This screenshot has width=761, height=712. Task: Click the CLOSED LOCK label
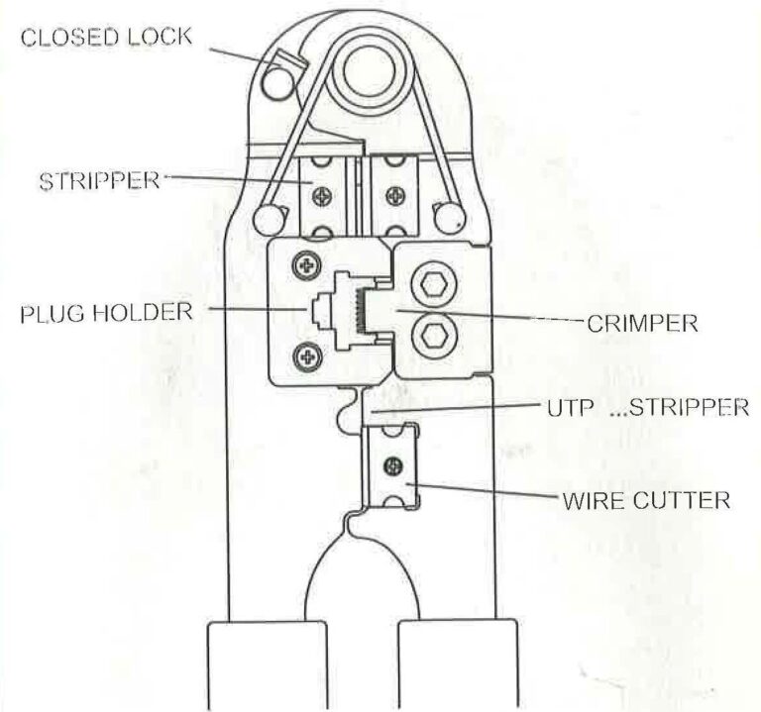point(106,38)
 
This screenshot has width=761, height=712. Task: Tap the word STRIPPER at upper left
point(99,181)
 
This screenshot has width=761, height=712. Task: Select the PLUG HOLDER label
point(106,313)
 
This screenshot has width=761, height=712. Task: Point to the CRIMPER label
point(642,323)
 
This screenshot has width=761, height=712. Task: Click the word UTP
point(571,408)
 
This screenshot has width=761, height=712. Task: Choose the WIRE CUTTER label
point(646,500)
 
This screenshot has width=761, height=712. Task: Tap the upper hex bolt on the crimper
point(433,285)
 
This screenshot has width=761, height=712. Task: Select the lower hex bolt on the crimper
point(433,334)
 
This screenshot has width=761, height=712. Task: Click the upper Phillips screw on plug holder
point(307,265)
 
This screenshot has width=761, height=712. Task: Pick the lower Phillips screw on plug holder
point(307,357)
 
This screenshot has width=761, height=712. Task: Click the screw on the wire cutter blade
point(392,466)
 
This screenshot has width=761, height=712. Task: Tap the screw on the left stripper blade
point(322,196)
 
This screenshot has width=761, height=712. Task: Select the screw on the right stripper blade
point(395,196)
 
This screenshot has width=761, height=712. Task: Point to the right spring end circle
point(450,217)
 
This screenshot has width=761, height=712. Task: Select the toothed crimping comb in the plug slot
point(361,310)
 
